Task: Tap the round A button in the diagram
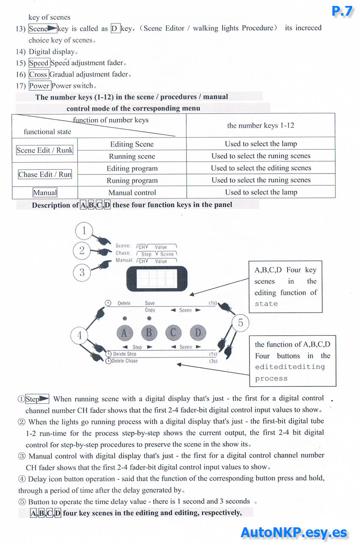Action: pos(124,333)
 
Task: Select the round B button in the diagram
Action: pos(149,333)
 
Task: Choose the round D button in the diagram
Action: pos(198,333)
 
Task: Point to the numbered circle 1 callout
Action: pos(84,231)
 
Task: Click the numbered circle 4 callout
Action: pos(79,336)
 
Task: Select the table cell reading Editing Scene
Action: pos(132,144)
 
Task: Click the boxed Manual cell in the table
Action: pos(45,193)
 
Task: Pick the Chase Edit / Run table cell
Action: pos(45,174)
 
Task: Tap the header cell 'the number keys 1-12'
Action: pos(260,125)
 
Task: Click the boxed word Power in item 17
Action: pos(39,86)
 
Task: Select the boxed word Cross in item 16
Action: pos(38,74)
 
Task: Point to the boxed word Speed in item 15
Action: pos(39,63)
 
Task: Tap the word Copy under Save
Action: pos(150,310)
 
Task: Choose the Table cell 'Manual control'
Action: pos(132,193)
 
